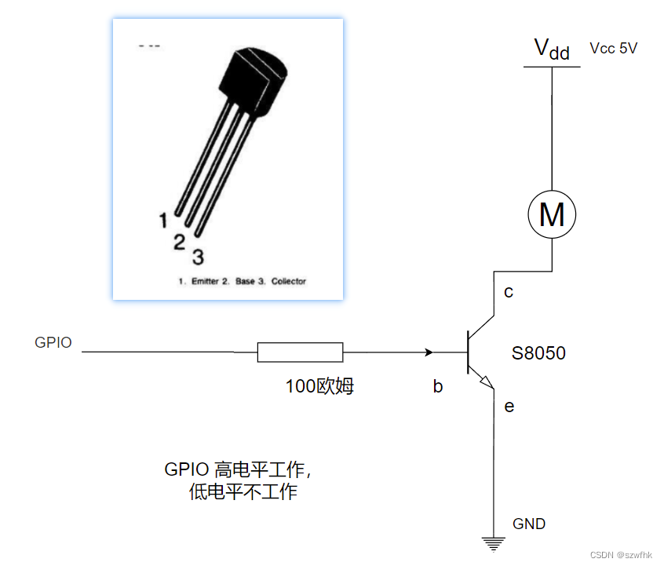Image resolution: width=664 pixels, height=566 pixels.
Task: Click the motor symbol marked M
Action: (x=552, y=214)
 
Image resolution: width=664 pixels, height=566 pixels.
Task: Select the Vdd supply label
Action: (x=552, y=49)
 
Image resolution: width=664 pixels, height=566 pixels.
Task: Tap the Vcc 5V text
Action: (x=614, y=49)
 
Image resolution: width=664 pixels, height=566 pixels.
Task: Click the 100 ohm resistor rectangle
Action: (x=300, y=352)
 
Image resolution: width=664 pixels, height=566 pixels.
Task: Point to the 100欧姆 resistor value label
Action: (x=319, y=385)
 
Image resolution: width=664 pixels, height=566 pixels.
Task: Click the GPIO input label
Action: (x=53, y=342)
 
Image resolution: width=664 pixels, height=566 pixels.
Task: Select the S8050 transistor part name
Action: (x=538, y=353)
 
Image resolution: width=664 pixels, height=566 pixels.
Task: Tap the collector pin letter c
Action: (x=509, y=292)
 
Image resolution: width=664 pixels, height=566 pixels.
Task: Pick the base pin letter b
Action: (x=438, y=385)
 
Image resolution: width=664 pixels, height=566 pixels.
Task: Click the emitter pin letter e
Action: (x=509, y=406)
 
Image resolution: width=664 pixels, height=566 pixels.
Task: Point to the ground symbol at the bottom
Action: (x=493, y=542)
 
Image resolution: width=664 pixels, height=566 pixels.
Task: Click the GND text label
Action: (x=529, y=524)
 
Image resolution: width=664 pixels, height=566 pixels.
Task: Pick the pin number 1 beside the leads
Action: (x=163, y=221)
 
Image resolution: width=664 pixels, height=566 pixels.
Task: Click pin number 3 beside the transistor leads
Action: (x=198, y=256)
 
